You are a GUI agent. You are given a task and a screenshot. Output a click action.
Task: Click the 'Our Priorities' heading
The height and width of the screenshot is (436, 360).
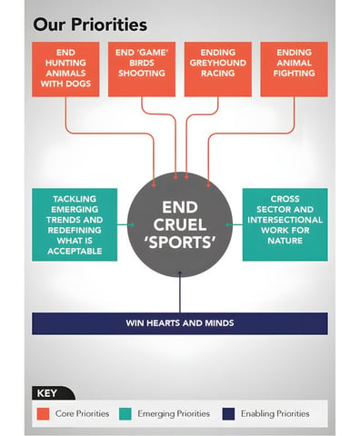[x=90, y=25]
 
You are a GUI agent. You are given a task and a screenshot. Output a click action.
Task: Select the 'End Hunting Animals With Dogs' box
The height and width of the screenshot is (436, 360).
[x=65, y=69]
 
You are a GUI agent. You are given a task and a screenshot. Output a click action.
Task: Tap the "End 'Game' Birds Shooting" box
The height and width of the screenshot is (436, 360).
[x=142, y=69]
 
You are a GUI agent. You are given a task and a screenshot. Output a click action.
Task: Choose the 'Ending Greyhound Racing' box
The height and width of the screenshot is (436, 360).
[x=218, y=69]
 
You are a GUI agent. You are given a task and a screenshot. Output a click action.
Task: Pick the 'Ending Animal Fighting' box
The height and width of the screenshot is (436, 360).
[x=294, y=69]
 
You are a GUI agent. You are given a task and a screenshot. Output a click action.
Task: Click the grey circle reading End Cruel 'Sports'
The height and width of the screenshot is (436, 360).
[x=180, y=224]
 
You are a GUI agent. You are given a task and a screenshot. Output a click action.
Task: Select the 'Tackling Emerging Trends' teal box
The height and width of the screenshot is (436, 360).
[x=75, y=224]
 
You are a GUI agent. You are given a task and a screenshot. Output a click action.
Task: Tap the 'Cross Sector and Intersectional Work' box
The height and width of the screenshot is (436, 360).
[x=285, y=224]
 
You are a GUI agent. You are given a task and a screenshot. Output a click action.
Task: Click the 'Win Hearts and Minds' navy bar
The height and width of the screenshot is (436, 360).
[x=180, y=323]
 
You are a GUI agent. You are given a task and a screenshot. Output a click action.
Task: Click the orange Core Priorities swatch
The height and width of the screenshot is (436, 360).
[x=43, y=414]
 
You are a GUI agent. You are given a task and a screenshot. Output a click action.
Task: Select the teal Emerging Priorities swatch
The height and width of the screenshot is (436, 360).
[x=125, y=414]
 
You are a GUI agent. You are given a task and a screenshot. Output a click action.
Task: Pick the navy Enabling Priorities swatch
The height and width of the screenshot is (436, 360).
[x=228, y=414]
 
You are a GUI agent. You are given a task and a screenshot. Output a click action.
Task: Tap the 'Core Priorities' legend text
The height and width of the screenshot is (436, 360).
[x=82, y=413]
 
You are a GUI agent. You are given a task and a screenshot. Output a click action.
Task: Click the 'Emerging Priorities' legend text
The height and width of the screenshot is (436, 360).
[x=174, y=413]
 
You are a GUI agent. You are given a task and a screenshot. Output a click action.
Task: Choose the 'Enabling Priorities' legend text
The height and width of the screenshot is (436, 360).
[x=275, y=413]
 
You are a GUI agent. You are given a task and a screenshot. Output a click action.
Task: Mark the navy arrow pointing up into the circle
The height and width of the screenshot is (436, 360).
[x=180, y=292]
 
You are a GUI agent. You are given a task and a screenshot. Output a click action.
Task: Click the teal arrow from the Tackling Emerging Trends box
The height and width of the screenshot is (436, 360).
[x=125, y=224]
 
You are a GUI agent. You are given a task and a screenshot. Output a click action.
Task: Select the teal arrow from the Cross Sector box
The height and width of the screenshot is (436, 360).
[x=235, y=224]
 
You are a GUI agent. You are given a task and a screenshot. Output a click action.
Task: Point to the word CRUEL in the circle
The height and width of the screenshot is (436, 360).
[x=180, y=224]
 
